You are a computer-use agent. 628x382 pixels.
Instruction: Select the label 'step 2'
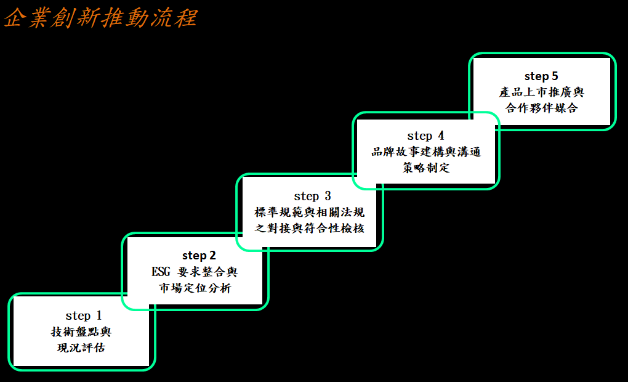199,255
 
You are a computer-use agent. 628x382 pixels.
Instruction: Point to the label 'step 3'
312,197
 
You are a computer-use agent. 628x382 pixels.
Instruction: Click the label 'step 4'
425,136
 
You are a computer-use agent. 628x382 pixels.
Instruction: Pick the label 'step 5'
541,76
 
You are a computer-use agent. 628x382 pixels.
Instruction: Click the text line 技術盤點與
81,332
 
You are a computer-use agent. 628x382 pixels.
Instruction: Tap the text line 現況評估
81,347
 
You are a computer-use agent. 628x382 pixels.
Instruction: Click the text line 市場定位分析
195,287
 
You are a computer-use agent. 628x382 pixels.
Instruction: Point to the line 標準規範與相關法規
310,213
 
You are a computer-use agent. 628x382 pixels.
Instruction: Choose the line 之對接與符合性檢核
310,228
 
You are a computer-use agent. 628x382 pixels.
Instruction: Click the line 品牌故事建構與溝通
426,152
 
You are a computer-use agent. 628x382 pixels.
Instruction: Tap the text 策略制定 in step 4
426,168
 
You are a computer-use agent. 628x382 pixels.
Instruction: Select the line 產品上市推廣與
542,92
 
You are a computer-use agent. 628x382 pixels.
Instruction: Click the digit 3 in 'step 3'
328,197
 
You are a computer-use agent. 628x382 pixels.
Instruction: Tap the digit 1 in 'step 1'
98,316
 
